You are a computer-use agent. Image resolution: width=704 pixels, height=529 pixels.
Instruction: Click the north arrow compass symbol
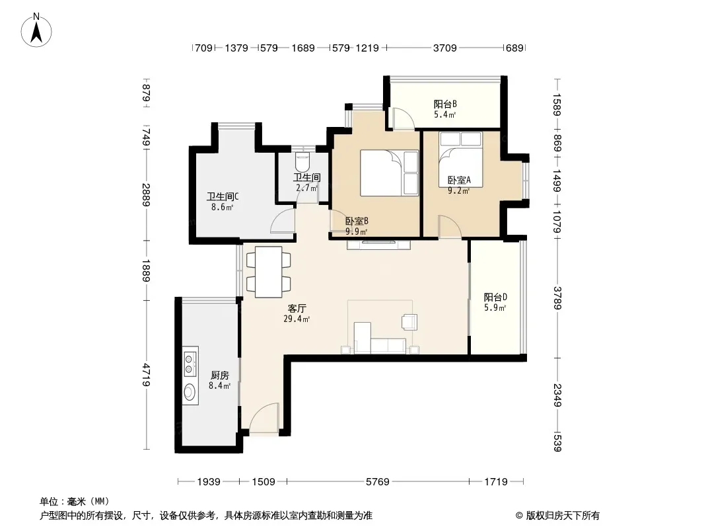coord(36,30)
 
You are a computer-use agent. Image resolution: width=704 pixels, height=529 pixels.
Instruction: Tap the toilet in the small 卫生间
coord(303,162)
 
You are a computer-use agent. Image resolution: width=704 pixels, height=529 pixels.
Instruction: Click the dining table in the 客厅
coord(269,272)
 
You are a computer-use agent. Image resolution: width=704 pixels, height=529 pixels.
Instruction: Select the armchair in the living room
coord(409,322)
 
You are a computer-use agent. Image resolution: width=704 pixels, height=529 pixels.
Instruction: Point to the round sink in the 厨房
coord(190,391)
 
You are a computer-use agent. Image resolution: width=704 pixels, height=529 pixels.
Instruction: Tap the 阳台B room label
coord(445,104)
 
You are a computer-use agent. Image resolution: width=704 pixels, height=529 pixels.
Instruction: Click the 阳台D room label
coord(495,297)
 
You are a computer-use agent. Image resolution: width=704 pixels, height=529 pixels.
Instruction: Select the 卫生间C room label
coord(223,196)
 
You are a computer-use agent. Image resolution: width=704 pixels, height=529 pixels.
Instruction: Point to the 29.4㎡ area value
coord(297,319)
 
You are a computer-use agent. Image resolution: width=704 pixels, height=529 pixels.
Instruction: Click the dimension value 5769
coord(377,482)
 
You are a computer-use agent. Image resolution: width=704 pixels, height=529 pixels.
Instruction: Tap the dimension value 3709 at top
coord(444,48)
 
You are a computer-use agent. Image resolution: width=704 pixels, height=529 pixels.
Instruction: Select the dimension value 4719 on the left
coord(147,375)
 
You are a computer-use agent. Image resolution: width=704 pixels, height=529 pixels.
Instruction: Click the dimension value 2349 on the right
coord(557,395)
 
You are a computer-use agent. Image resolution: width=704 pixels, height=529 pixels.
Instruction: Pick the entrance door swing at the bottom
coord(264,418)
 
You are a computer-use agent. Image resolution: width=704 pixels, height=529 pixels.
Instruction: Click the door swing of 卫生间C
coord(283,220)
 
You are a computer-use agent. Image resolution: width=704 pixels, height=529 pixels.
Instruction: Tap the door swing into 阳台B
coord(403,119)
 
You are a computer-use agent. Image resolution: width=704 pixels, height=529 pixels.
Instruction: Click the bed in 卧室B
coord(389,173)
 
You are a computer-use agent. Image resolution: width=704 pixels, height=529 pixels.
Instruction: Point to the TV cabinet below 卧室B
coord(378,245)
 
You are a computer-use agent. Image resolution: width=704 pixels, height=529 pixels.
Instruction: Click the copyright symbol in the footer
coord(519,516)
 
